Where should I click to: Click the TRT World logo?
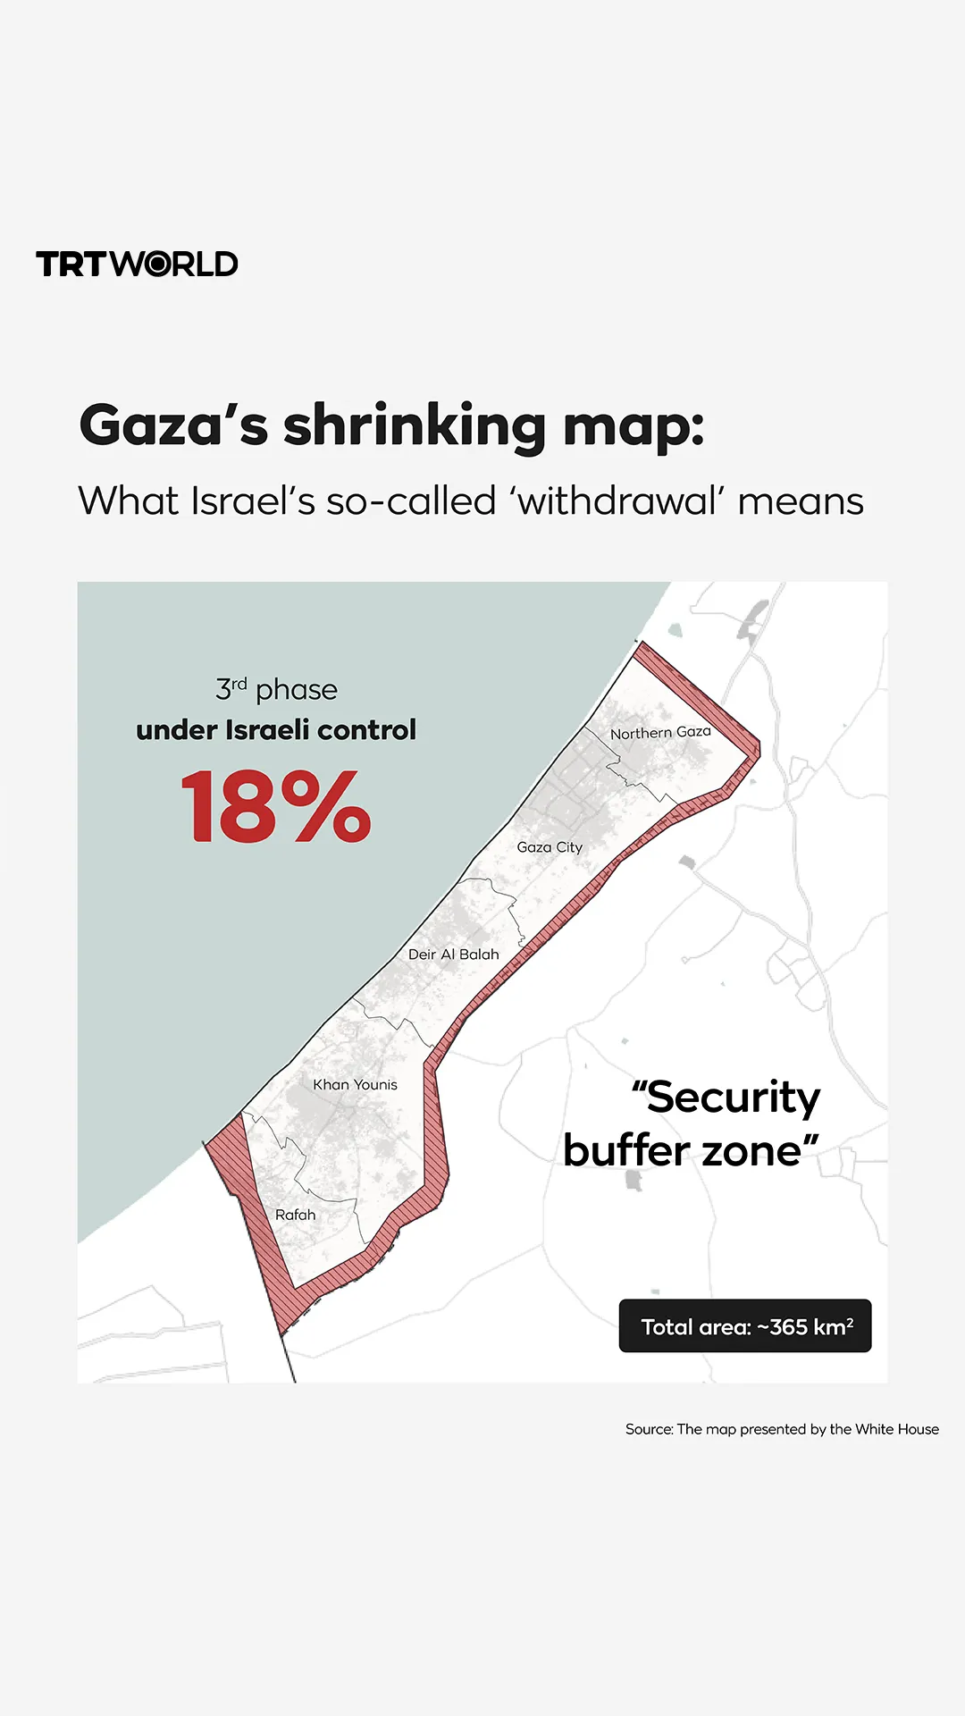coord(137,264)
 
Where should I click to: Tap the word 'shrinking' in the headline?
coord(414,426)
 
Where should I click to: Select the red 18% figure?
coord(275,808)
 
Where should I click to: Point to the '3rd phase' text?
coord(276,689)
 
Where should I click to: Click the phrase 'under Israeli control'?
coord(276,730)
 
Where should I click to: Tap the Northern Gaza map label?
coord(660,733)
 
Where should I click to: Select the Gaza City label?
coord(550,847)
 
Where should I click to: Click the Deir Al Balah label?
coord(453,955)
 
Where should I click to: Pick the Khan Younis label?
coord(355,1084)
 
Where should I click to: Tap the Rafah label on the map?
coord(295,1215)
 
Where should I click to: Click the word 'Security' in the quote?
coord(732,1097)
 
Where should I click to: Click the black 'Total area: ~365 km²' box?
coord(745,1326)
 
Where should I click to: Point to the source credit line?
coord(782,1429)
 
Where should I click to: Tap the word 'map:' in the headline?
coord(633,426)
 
